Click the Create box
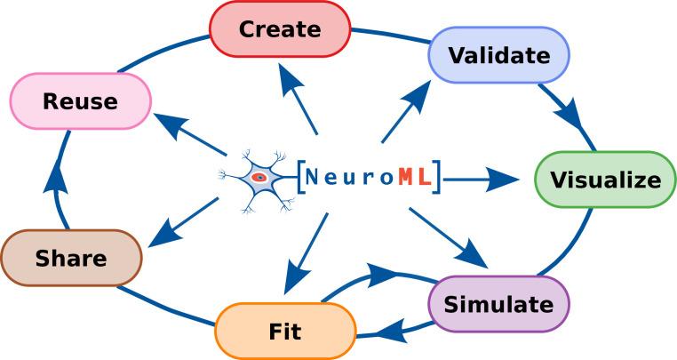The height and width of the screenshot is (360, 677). coord(279,28)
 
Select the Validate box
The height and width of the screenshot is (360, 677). coord(498,54)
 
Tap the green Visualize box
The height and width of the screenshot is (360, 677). coord(605,180)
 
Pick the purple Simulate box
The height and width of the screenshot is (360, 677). coord(498,304)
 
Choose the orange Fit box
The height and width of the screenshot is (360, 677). coord(284,332)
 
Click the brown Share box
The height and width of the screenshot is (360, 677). coord(71,259)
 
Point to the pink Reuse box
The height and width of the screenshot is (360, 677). coord(80,100)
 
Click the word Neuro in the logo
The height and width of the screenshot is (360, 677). coord(350,178)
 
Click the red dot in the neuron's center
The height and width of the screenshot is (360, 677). coord(259,178)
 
